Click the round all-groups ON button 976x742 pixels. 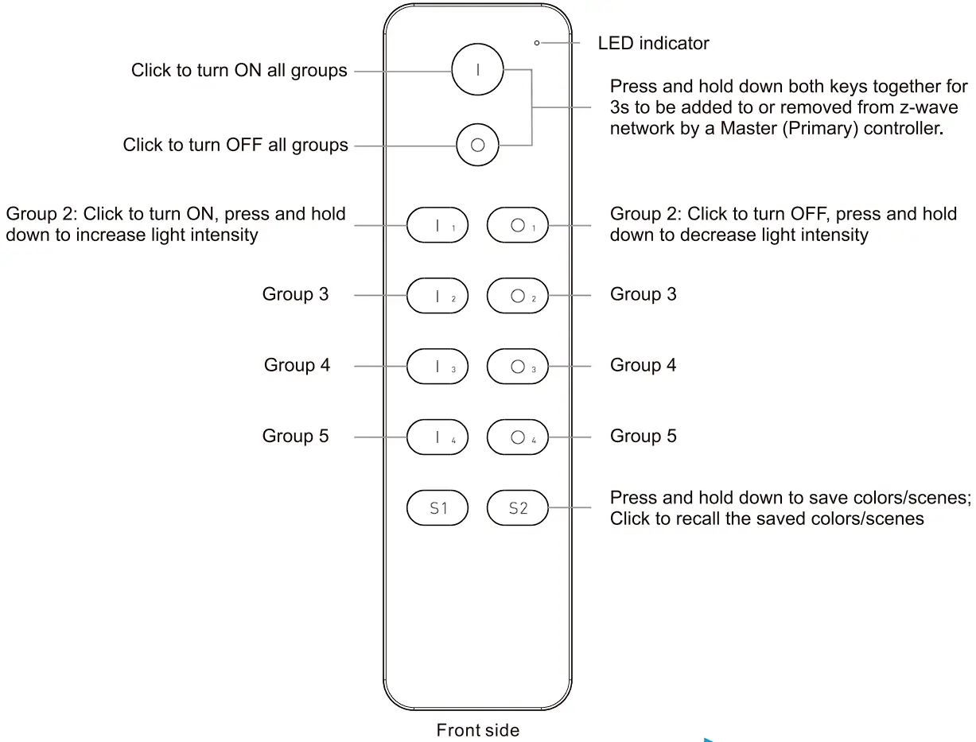point(478,69)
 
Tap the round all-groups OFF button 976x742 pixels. point(477,146)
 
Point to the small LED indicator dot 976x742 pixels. point(537,43)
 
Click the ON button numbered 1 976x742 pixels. point(437,226)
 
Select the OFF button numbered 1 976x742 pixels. point(517,226)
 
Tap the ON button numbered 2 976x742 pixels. point(437,297)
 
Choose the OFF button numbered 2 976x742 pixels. point(517,297)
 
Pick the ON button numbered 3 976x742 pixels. point(437,367)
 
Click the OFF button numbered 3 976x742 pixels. point(517,367)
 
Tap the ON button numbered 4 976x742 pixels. point(437,437)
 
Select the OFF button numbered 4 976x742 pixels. point(517,437)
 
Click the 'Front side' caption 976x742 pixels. point(477,729)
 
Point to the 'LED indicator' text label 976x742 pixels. point(653,43)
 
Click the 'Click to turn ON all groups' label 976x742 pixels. point(239,71)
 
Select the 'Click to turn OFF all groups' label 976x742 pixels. point(235,146)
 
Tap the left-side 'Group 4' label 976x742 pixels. point(297,365)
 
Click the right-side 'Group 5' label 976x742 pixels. point(643,436)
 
